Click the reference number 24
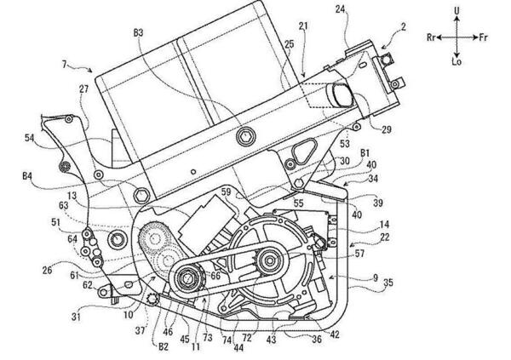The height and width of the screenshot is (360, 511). pos(341,9)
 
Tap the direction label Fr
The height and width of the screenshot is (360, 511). pos(483,37)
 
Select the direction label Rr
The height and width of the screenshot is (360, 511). pos(432,37)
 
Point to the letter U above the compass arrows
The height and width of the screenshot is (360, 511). pos(456,11)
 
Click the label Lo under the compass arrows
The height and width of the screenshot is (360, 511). pos(456,61)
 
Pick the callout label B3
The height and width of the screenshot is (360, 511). pos(138,33)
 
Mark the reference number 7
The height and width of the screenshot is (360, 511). pos(65,65)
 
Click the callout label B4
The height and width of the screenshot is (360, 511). pos(27,176)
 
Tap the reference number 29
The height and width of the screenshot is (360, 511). pos(386,130)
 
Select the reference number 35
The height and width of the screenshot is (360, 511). pos(388,283)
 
